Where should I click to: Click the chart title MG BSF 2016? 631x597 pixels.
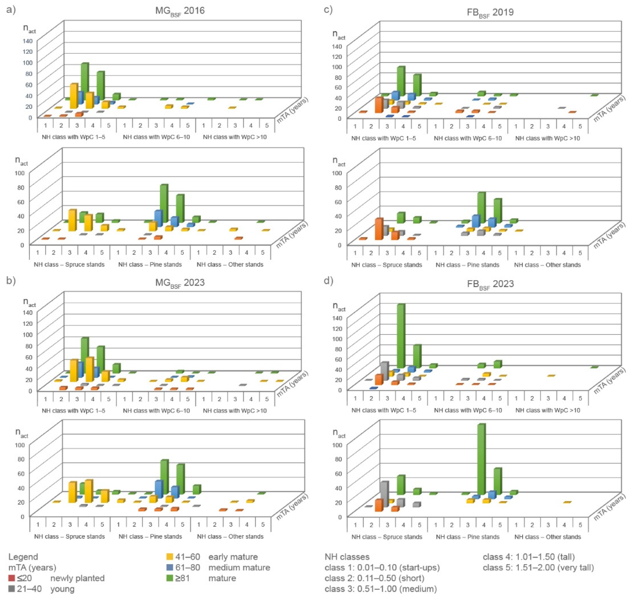[180, 11]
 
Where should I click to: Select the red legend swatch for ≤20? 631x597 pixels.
[12, 578]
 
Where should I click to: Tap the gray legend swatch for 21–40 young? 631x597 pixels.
[12, 589]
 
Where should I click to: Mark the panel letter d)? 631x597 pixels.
[328, 281]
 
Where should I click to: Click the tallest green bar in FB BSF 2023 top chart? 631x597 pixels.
[401, 336]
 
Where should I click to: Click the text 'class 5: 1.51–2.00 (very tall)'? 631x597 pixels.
[538, 567]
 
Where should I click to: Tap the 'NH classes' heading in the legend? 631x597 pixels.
[347, 557]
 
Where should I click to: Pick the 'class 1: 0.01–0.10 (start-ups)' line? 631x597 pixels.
[382, 567]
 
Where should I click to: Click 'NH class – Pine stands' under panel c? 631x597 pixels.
[467, 265]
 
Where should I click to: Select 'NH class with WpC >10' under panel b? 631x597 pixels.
[235, 410]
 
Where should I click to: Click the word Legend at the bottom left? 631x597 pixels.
[23, 557]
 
